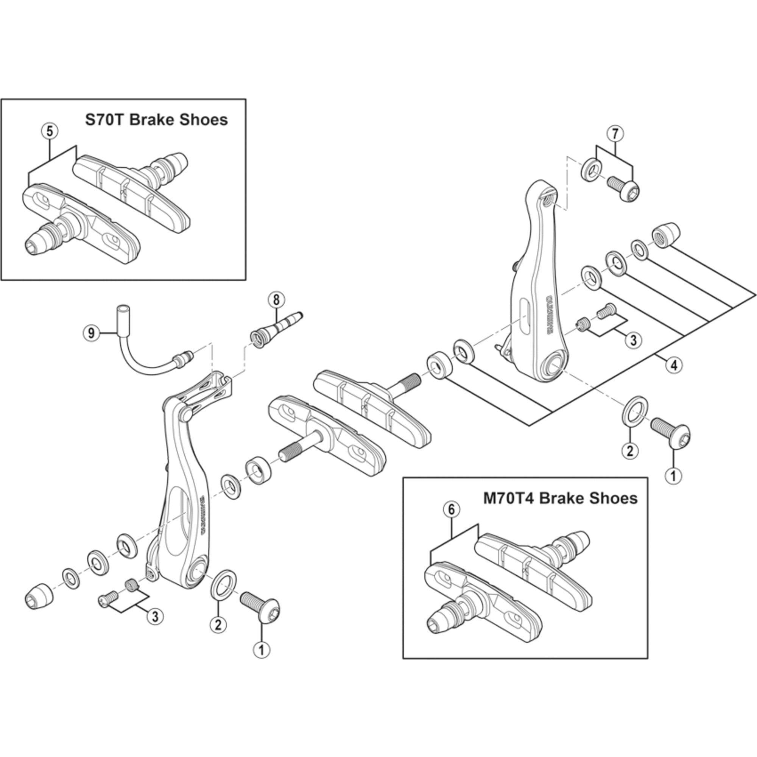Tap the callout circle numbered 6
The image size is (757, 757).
click(x=451, y=510)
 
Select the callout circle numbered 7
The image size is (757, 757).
click(x=614, y=134)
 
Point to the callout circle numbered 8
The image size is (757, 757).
click(x=276, y=300)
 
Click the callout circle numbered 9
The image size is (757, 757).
click(x=91, y=333)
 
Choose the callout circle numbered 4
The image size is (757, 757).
click(x=674, y=365)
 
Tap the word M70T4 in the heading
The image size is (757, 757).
click(x=508, y=498)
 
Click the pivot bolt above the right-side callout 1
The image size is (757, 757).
click(x=671, y=433)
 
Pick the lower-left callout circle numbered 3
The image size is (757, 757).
click(x=155, y=616)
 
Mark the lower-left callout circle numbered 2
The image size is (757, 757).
click(x=218, y=624)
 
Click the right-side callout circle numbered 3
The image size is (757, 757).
click(x=634, y=340)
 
